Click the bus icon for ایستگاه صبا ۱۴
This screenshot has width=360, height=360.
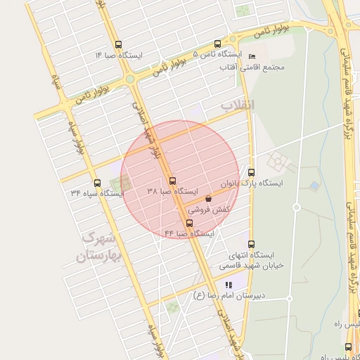coord(117,44)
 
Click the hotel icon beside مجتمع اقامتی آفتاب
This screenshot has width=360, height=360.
coord(252,57)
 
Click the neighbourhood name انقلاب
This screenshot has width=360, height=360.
coord(238,105)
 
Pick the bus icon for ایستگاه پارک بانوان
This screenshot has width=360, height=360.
coord(251,172)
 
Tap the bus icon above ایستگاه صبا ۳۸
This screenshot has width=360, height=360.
coord(173,180)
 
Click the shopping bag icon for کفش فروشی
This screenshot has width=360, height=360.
coord(208,199)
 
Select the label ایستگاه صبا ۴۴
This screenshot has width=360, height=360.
coord(189,233)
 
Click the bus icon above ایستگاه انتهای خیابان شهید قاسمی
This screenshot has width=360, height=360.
coord(252,244)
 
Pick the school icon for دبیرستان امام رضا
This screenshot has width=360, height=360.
coord(228,285)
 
